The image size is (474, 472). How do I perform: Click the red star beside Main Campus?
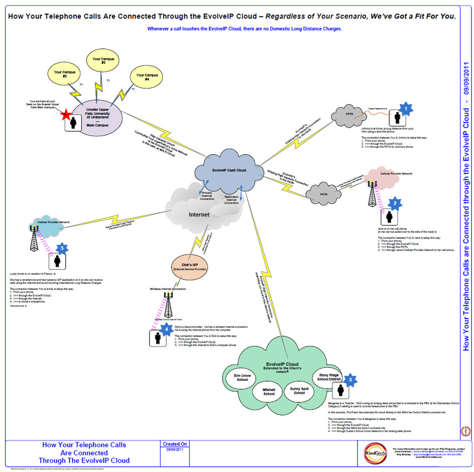pos(65,115)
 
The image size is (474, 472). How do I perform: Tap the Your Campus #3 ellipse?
pos(103,61)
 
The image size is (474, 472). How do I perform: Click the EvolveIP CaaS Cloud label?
pos(229,170)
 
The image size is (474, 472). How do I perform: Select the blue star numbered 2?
pos(395,203)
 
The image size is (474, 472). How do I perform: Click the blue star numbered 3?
pos(351,379)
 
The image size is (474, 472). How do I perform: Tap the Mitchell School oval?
pos(269,391)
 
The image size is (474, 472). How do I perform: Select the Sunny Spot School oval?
pos(299,390)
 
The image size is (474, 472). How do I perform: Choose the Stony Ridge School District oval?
pos(328,377)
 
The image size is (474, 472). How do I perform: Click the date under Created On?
pos(176,450)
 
